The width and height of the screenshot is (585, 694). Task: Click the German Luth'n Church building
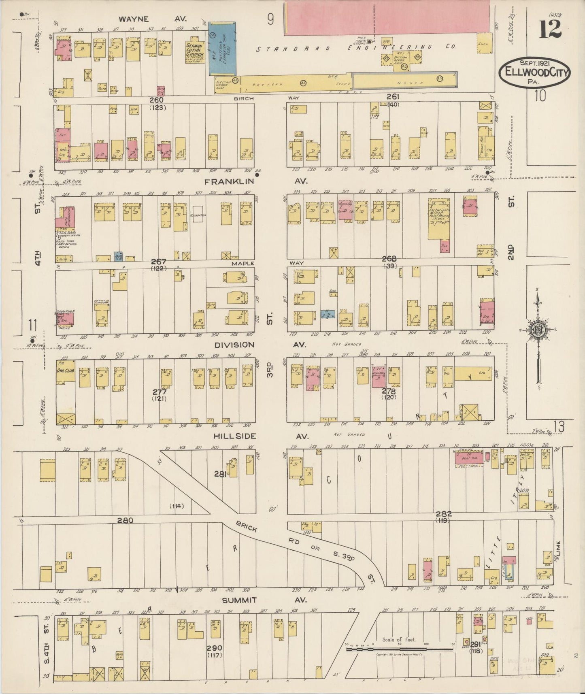point(194,52)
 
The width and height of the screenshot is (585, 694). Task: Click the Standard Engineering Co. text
point(357,47)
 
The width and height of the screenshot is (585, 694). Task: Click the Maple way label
point(243,263)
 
